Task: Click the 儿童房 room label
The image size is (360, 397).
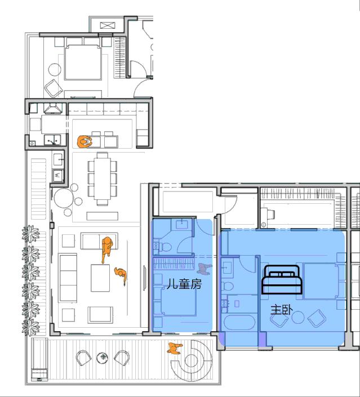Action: [x=183, y=285]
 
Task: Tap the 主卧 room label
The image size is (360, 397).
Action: [x=282, y=309]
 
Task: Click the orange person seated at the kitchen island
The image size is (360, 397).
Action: [x=86, y=141]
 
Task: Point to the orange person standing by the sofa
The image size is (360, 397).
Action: [x=106, y=248]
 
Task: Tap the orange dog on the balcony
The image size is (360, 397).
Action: [x=175, y=349]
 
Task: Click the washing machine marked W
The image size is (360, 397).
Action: [x=57, y=176]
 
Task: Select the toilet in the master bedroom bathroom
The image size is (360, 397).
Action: [x=228, y=286]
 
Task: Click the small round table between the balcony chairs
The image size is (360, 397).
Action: [x=102, y=357]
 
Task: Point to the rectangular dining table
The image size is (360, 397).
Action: [x=103, y=179]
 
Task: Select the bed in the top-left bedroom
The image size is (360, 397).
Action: [x=83, y=63]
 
